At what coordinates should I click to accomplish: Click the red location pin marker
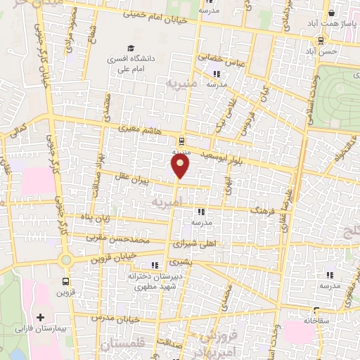[181, 165]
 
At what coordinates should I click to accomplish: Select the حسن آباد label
[328, 51]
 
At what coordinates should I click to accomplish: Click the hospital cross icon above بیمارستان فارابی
[41, 318]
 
